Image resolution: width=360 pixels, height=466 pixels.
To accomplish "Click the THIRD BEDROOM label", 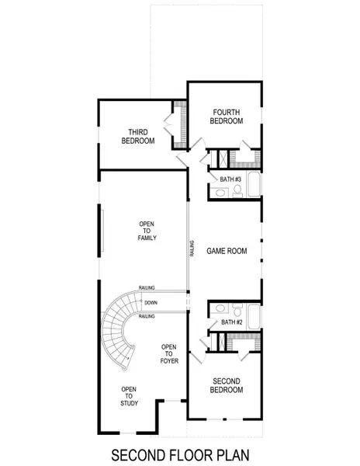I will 137,136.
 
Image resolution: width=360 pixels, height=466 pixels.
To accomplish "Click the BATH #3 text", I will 231,179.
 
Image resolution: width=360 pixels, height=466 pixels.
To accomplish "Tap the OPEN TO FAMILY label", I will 147,231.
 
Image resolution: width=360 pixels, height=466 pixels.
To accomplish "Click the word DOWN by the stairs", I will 151,302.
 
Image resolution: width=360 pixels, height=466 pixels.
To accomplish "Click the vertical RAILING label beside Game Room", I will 192,248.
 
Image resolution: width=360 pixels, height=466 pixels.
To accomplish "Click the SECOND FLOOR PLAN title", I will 180,453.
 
